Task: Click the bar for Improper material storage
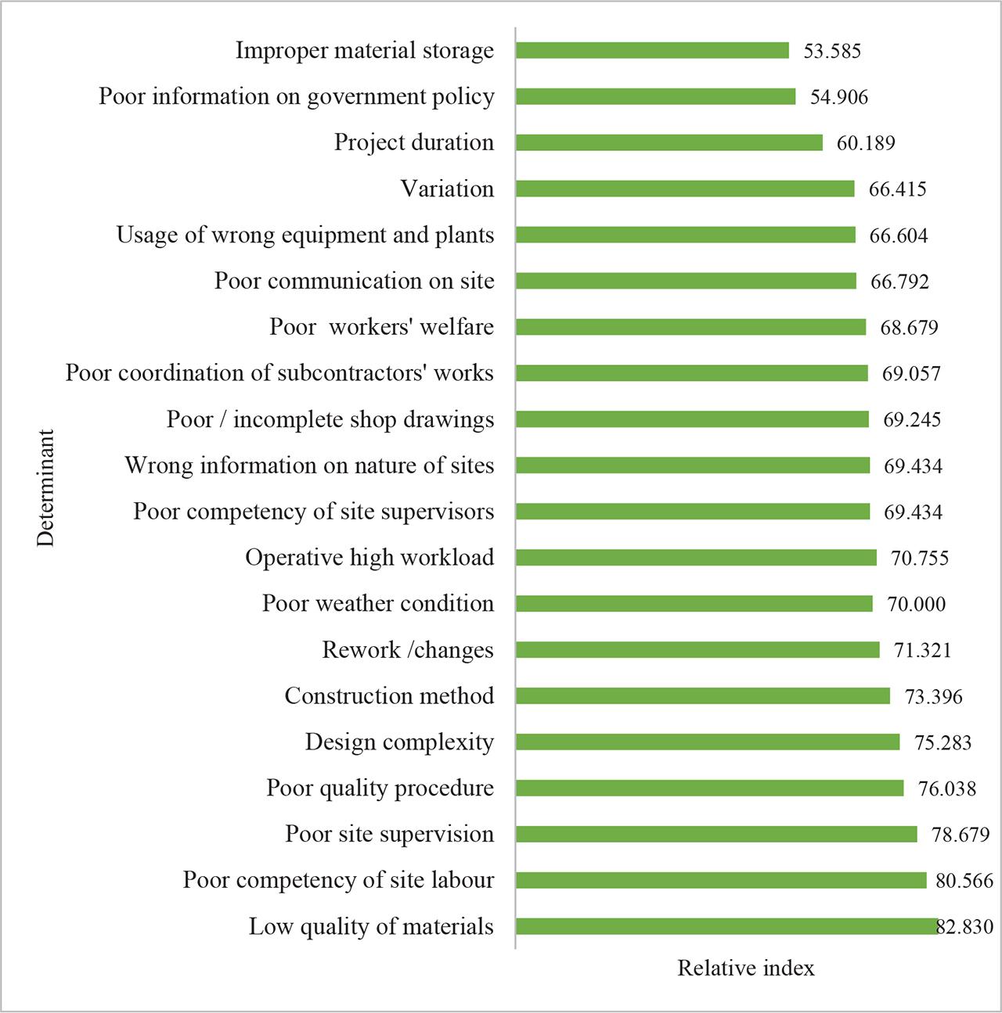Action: click(652, 51)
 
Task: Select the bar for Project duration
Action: click(669, 143)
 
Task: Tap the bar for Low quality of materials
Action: click(726, 927)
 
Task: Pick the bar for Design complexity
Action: click(708, 742)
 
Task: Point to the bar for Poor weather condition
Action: click(694, 604)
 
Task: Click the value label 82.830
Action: click(965, 928)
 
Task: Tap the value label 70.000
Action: click(917, 605)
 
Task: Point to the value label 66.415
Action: click(897, 189)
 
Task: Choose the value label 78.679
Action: click(961, 835)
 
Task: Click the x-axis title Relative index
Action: click(745, 968)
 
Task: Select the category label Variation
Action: click(447, 189)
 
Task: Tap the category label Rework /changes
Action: click(408, 650)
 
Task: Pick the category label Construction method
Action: click(389, 696)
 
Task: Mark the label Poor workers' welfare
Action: click(381, 327)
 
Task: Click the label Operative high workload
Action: click(369, 558)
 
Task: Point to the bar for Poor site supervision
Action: click(716, 835)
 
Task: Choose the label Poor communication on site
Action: click(354, 281)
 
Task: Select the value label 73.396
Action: click(934, 697)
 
